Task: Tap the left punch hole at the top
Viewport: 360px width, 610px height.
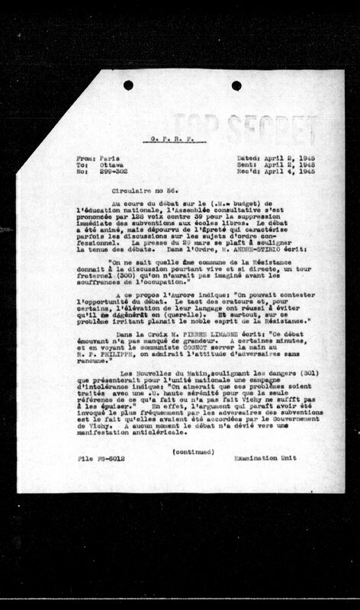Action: [127, 85]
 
